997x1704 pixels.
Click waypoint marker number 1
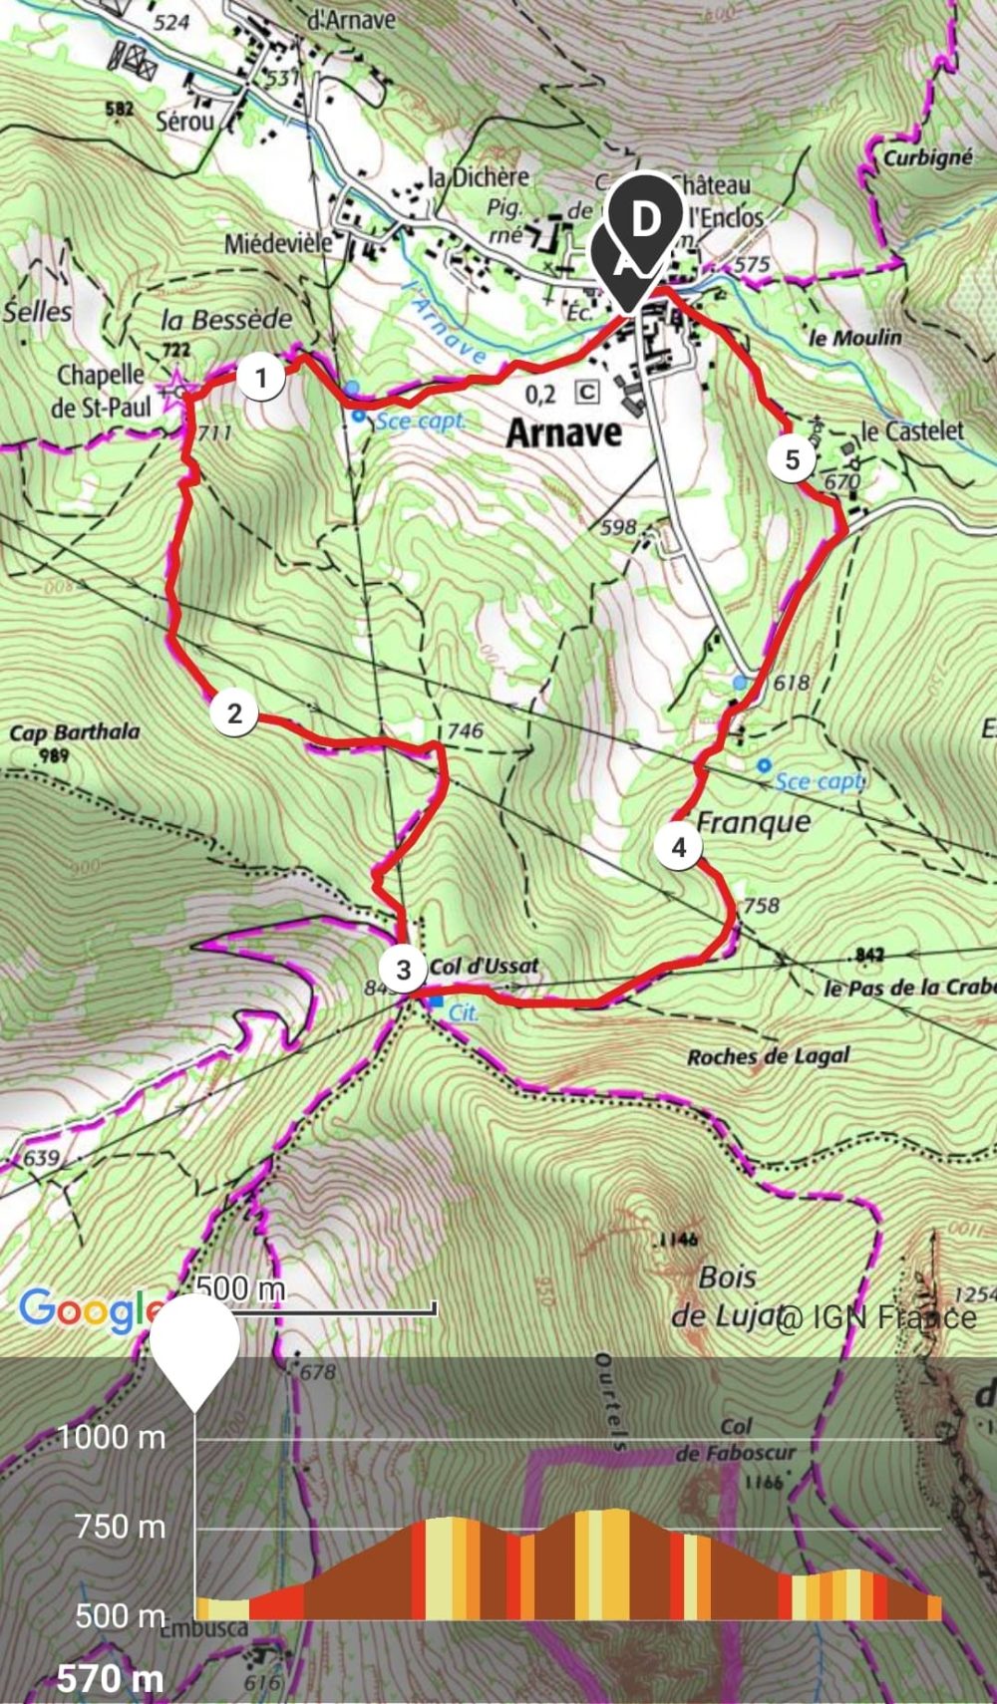click(261, 379)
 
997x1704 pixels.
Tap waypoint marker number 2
click(234, 713)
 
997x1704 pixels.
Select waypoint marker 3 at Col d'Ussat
click(403, 970)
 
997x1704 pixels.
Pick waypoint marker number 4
click(679, 847)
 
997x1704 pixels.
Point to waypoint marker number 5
click(793, 459)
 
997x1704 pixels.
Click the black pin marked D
click(646, 220)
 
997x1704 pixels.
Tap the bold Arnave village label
click(563, 432)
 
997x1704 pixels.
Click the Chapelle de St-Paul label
click(102, 391)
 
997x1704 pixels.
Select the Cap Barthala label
click(75, 733)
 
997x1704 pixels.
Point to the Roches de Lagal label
click(768, 1056)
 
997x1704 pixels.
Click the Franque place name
click(753, 822)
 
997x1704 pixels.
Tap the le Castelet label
click(912, 431)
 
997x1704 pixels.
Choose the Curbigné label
click(927, 157)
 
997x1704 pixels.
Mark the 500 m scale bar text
click(241, 1288)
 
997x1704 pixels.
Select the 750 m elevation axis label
click(120, 1526)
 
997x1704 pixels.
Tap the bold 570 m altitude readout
click(110, 1679)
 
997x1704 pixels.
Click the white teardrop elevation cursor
click(195, 1345)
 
